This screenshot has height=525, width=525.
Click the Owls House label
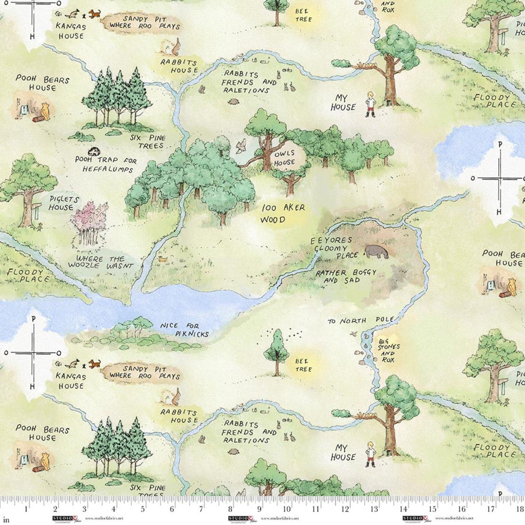pyautogui.click(x=285, y=158)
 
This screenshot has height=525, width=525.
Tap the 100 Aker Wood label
pyautogui.click(x=283, y=214)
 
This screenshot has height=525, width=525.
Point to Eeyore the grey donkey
pyautogui.click(x=377, y=251)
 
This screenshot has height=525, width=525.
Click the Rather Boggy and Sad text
pyautogui.click(x=345, y=276)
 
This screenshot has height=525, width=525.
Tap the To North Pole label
pyautogui.click(x=361, y=320)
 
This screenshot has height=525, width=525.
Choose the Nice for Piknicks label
pyautogui.click(x=184, y=330)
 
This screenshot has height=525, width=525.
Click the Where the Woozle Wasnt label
pyautogui.click(x=100, y=262)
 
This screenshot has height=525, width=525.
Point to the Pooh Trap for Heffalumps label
pyautogui.click(x=106, y=164)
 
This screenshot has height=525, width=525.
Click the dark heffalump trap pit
pyautogui.click(x=94, y=151)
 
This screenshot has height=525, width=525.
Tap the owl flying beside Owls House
pyautogui.click(x=241, y=146)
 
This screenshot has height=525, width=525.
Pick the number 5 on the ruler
pyautogui.click(x=143, y=509)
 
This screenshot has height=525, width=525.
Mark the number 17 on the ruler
pyautogui.click(x=491, y=509)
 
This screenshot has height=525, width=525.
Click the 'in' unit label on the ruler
pyautogui.click(x=6, y=520)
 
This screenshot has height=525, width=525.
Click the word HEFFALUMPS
pyautogui.click(x=108, y=169)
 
